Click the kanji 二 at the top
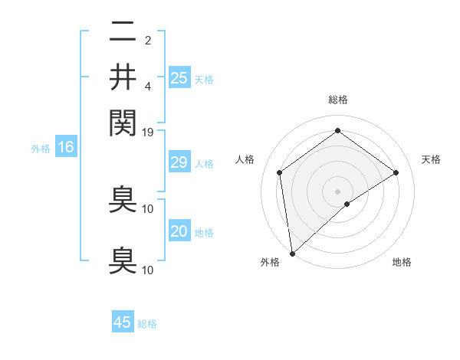(123, 32)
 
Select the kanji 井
(123, 77)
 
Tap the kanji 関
(123, 121)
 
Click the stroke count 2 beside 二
(148, 39)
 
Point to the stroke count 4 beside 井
(148, 85)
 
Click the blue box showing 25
(179, 77)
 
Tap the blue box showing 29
(179, 162)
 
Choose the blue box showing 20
(179, 231)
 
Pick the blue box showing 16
(65, 147)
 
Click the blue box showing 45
(123, 322)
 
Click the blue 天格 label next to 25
(204, 79)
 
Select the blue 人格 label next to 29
(204, 164)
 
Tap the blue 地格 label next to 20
(204, 233)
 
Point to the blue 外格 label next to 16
(41, 149)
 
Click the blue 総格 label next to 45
(147, 324)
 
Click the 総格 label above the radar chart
(338, 100)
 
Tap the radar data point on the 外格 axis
(292, 253)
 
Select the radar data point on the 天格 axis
(396, 172)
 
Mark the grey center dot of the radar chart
(338, 191)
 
